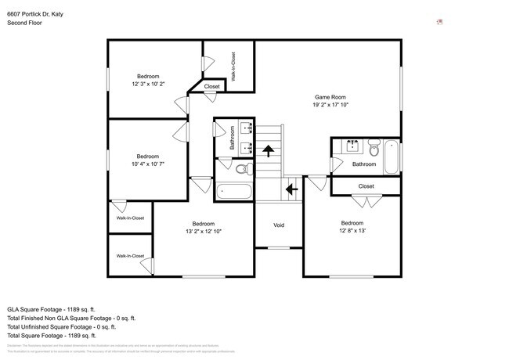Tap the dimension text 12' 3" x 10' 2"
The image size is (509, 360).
(149, 84)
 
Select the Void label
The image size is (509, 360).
(278, 225)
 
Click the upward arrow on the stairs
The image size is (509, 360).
(269, 151)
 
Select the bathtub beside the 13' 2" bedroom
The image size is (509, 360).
(233, 191)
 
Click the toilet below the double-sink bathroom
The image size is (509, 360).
(242, 168)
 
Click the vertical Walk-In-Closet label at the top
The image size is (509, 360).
(233, 67)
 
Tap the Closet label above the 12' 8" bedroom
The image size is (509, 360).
(366, 186)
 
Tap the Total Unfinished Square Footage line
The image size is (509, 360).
(70, 328)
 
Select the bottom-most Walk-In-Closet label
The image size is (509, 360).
(130, 256)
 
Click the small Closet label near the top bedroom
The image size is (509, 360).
(211, 86)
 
